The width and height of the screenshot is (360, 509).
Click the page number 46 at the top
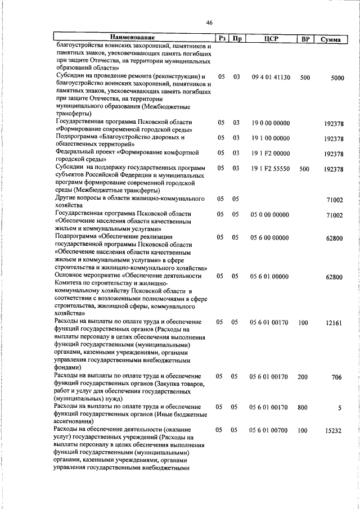(209, 22)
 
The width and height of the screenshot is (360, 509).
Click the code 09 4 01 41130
(271, 77)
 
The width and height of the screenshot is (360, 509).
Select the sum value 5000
(337, 78)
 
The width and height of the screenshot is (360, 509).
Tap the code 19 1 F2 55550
(271, 169)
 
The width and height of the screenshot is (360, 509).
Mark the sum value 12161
(334, 323)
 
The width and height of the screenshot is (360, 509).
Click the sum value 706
(337, 377)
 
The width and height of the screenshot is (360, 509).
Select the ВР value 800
(304, 407)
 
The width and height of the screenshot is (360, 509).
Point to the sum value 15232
(334, 430)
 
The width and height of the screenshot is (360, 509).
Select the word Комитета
(72, 284)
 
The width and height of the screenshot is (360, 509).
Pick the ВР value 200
(304, 376)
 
